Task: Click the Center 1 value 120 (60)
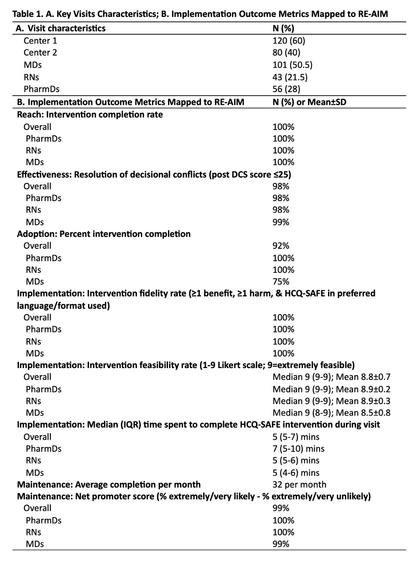(x=289, y=41)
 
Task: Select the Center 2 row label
(x=40, y=53)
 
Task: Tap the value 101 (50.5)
(x=292, y=65)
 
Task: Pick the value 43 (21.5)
(x=290, y=77)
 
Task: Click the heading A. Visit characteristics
(x=60, y=28)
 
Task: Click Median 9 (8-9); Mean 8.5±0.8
(x=332, y=413)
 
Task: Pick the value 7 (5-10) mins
(x=299, y=449)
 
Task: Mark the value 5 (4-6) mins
(x=296, y=473)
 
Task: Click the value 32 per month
(x=300, y=485)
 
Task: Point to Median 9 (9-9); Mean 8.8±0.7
(x=332, y=377)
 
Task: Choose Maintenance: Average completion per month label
(x=108, y=485)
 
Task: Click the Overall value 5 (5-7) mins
(x=296, y=437)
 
